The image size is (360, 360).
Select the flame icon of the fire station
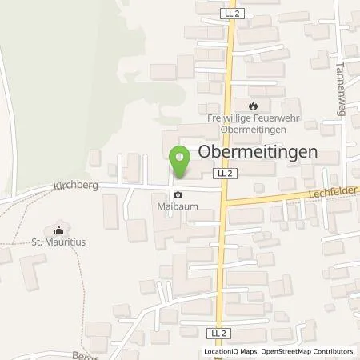pyautogui.click(x=253, y=104)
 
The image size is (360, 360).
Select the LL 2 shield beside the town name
pyautogui.click(x=222, y=172)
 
